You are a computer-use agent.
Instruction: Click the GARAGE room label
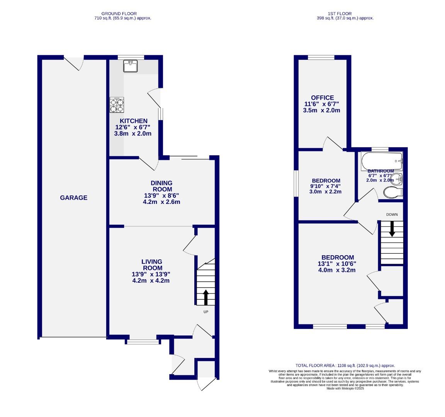click(x=73, y=198)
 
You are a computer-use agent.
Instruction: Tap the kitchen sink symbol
click(x=131, y=66)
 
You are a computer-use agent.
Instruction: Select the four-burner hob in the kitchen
click(x=117, y=105)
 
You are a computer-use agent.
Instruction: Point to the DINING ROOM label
click(x=162, y=186)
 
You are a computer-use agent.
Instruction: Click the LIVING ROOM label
click(x=151, y=265)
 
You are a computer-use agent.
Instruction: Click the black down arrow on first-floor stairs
click(x=392, y=228)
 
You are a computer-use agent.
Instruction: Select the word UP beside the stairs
click(x=206, y=312)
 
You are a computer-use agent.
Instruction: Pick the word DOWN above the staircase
click(x=392, y=214)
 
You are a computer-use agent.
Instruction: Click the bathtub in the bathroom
click(x=381, y=160)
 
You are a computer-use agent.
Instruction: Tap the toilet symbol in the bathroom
click(x=393, y=192)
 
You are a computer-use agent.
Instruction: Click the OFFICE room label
click(x=322, y=98)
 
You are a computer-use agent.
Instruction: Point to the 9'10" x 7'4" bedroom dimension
click(x=326, y=186)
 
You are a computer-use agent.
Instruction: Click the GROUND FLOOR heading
click(x=123, y=14)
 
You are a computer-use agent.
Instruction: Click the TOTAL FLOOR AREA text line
click(x=345, y=365)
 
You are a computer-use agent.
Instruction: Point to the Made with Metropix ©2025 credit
click(x=345, y=388)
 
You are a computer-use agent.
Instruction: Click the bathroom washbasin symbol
click(x=397, y=179)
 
